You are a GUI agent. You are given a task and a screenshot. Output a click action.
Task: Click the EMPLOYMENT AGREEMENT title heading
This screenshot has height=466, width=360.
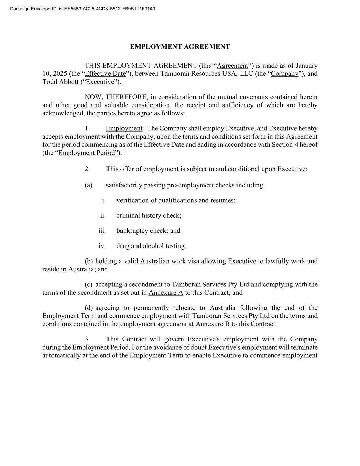(x=180, y=47)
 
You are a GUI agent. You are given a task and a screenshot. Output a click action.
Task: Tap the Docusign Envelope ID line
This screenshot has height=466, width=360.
(x=83, y=8)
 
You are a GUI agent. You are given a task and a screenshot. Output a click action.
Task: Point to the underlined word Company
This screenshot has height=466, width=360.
(x=284, y=74)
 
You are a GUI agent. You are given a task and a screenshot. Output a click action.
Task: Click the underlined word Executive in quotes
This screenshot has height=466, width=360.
(x=100, y=82)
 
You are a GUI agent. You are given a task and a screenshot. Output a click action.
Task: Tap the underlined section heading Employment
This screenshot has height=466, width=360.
(x=124, y=128)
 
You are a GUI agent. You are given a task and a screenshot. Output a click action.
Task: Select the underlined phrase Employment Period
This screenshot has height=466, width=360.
(x=87, y=153)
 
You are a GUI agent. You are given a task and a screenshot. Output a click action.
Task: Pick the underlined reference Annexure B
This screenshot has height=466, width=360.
(x=212, y=324)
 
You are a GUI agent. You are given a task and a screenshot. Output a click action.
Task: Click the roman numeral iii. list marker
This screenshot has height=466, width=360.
(x=102, y=231)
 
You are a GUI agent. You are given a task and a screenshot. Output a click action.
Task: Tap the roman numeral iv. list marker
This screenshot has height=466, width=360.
(x=102, y=246)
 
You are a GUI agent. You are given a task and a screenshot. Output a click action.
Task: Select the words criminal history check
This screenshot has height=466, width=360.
(x=148, y=215)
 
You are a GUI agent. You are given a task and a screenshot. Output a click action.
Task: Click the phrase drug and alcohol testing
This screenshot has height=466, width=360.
(x=151, y=246)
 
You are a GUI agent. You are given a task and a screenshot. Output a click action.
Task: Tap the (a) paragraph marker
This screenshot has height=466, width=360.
(x=88, y=185)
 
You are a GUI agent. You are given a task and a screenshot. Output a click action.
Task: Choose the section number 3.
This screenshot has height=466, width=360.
(x=87, y=339)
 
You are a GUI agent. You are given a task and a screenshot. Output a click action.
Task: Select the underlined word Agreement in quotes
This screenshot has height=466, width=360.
(x=232, y=66)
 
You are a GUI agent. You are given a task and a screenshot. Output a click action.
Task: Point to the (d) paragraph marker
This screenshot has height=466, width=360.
(x=89, y=308)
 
